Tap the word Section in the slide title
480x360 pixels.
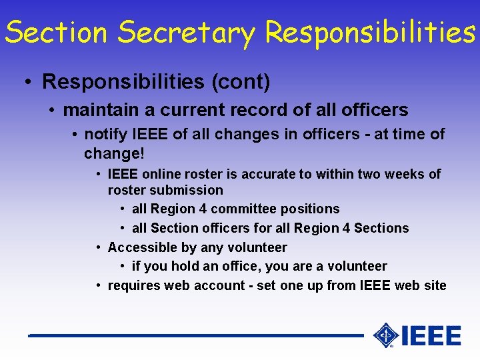(53, 32)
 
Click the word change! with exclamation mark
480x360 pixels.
(114, 153)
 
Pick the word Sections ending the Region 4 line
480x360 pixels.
(381, 228)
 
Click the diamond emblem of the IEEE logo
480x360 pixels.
(385, 335)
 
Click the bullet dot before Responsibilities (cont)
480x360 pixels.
(27, 83)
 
